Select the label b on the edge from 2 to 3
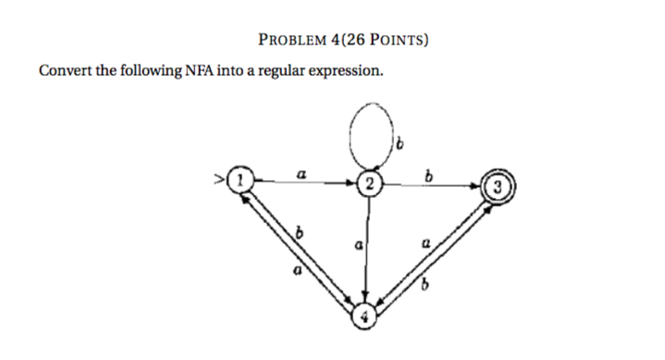[x=427, y=175]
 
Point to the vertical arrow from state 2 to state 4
[x=369, y=250]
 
